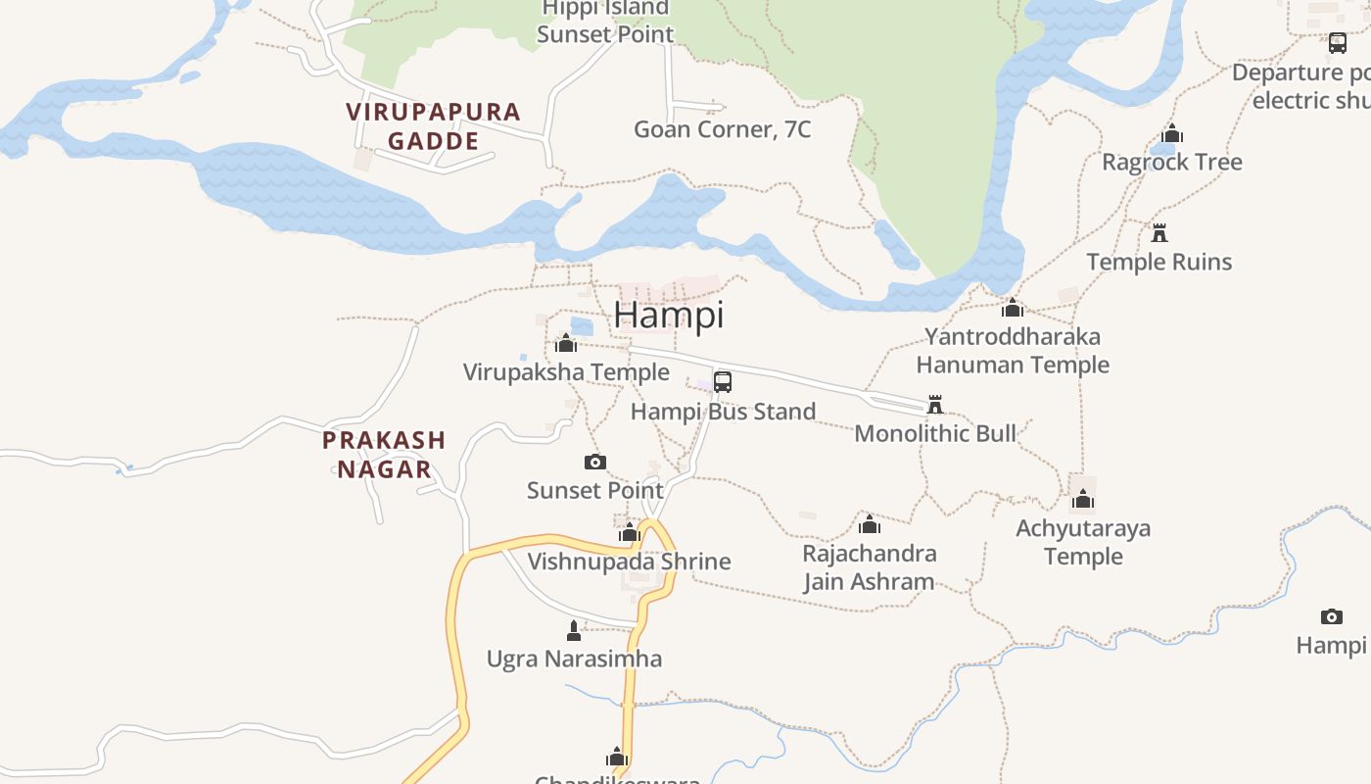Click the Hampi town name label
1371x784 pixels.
point(669,315)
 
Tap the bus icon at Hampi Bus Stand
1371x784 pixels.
point(723,382)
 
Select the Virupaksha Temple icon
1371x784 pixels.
point(566,343)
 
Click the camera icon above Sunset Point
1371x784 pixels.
point(594,462)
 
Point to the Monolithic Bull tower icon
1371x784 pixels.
point(935,405)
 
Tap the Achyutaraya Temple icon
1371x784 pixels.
point(1082,499)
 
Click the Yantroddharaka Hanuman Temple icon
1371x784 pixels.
point(1013,308)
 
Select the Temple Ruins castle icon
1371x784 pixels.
point(1159,233)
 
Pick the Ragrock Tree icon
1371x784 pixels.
point(1172,133)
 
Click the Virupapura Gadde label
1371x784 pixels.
point(433,126)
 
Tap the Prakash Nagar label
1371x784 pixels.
point(384,455)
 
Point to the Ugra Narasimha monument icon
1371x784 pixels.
point(574,630)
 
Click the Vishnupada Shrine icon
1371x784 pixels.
point(630,532)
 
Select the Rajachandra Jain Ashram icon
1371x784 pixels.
point(869,524)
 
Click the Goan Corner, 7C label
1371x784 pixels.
point(723,129)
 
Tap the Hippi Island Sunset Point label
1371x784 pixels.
point(605,22)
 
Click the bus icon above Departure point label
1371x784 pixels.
point(1338,43)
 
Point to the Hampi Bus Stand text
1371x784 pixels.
point(723,412)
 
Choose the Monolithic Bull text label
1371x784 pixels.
point(935,433)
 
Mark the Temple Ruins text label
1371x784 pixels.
point(1159,262)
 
